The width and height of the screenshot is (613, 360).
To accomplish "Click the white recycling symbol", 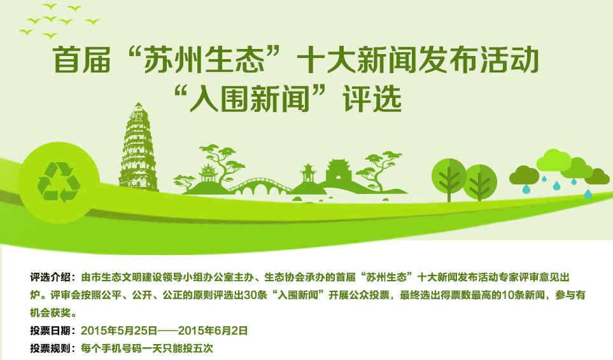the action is pos(59,182).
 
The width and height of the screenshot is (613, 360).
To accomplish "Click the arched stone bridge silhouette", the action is pos(259,186).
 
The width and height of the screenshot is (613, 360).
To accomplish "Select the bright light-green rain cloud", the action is pos(554,160).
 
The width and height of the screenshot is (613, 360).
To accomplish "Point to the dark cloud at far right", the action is pos(597,176).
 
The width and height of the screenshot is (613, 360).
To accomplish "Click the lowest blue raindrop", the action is pos(588,193).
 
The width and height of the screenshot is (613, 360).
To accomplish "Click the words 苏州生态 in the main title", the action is pos(204,59).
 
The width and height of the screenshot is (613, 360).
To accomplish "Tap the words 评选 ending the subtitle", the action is pos(372,99).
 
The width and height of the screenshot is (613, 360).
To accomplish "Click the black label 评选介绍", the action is pos(50,277).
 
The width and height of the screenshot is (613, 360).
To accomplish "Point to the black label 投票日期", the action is pos(50,331).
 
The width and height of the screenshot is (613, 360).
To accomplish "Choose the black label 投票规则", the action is pos(50,349).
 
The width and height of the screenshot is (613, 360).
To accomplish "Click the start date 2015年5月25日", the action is pos(119,331).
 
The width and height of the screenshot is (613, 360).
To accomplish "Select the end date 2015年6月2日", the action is pos(213,331).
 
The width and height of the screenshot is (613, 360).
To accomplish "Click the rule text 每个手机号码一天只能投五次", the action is pos(147,349).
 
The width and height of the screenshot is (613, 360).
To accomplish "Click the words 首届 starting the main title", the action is pos(81,59).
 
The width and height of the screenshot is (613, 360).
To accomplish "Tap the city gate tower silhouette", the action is pos(339,171).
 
